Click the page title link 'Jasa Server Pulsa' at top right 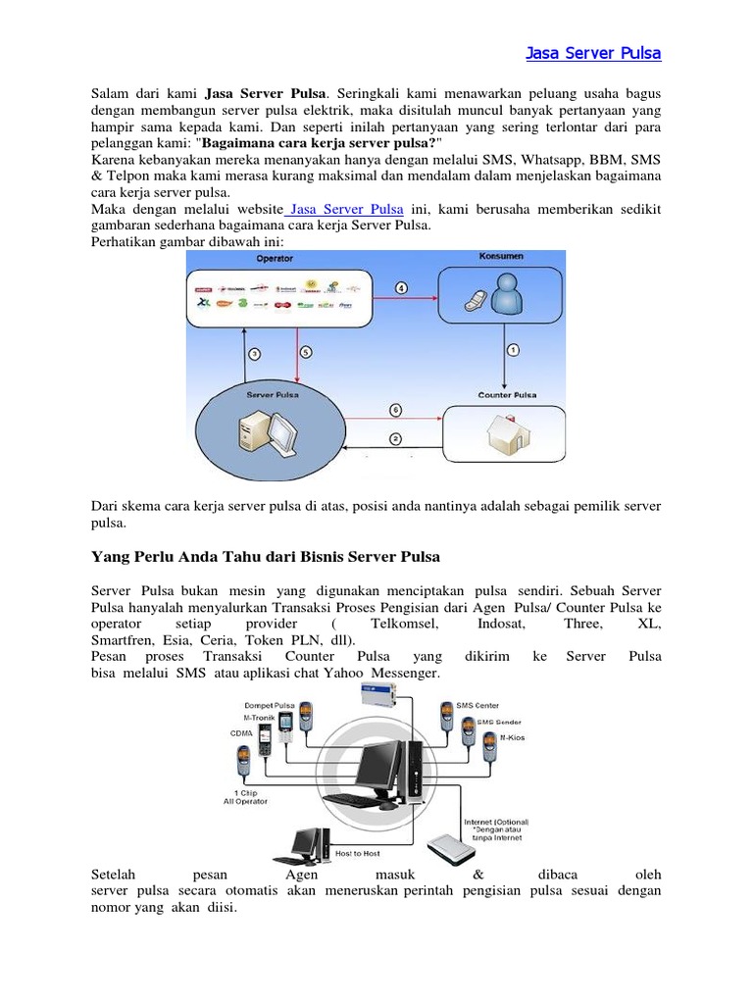coord(593,53)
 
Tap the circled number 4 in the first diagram coord(402,287)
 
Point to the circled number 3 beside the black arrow coord(253,353)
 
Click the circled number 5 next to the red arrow coord(305,351)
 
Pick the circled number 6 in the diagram coord(394,409)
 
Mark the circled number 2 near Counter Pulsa coord(394,438)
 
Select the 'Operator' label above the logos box coord(275,259)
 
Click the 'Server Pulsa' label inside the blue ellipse coord(273,394)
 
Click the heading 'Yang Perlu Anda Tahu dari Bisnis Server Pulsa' coord(266,557)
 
